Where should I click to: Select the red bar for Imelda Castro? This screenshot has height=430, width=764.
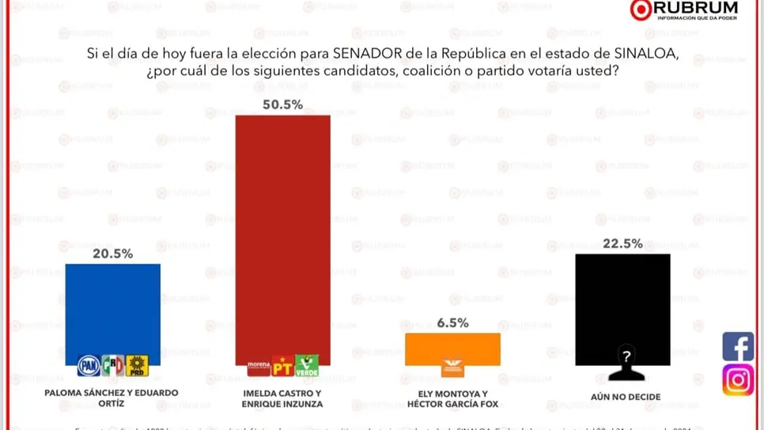283,229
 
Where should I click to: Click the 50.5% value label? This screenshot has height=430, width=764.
282,104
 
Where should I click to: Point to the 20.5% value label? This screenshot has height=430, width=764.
112,254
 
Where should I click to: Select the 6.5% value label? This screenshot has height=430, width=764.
452,322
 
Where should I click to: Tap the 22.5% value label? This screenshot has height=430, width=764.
622,243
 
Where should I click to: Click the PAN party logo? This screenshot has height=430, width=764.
89,366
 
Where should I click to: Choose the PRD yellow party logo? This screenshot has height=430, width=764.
138,366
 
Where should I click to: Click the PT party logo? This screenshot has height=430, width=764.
282,366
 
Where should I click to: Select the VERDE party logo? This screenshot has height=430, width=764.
307,366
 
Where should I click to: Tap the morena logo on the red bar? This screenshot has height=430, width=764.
259,366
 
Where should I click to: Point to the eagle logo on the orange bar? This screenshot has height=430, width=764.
452,365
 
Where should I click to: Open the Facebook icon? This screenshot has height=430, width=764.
738,346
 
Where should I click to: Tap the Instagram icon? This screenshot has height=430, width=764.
738,380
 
